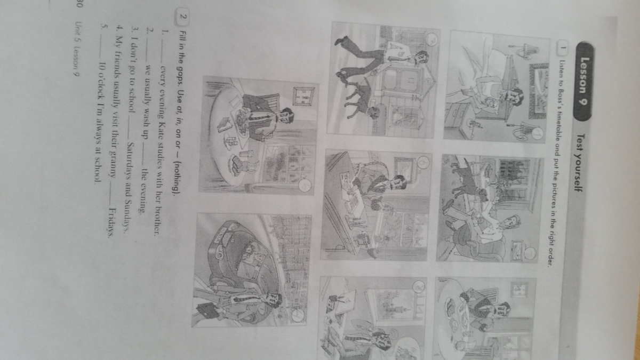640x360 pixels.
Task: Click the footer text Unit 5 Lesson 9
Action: click(x=77, y=49)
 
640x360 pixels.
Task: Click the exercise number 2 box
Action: click(x=183, y=17)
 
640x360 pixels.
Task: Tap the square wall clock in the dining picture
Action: click(x=303, y=97)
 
